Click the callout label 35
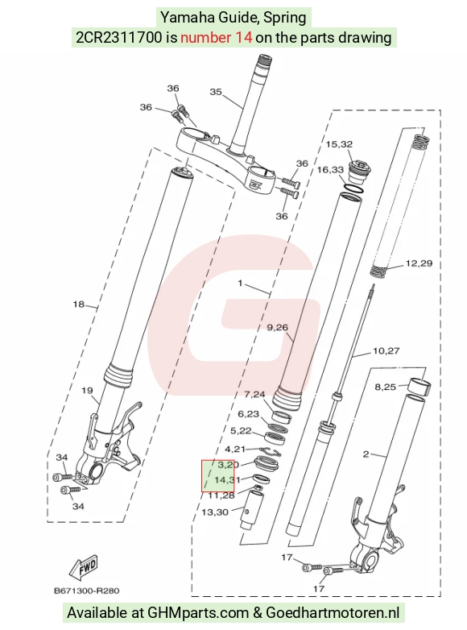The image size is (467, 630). pos(216,92)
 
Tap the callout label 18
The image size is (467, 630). pos(78,305)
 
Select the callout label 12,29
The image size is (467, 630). pos(419,263)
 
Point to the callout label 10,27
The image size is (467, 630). pos(386,351)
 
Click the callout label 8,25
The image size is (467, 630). pos(385,387)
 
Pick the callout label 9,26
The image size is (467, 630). pos(278,327)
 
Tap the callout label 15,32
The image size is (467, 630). pos(339,144)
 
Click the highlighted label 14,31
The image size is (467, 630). pos(227,479)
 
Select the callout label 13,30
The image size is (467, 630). pos(215,512)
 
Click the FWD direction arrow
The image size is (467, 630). pos(84,568)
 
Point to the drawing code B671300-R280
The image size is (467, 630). pos(87,591)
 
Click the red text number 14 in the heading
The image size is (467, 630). pos(216,37)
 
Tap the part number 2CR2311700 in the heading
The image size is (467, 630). pos(120,37)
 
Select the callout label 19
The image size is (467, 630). pos(87,390)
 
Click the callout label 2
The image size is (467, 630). pos(366,454)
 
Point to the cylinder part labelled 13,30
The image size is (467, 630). pos(251,509)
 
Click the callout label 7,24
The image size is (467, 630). pos(254,395)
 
